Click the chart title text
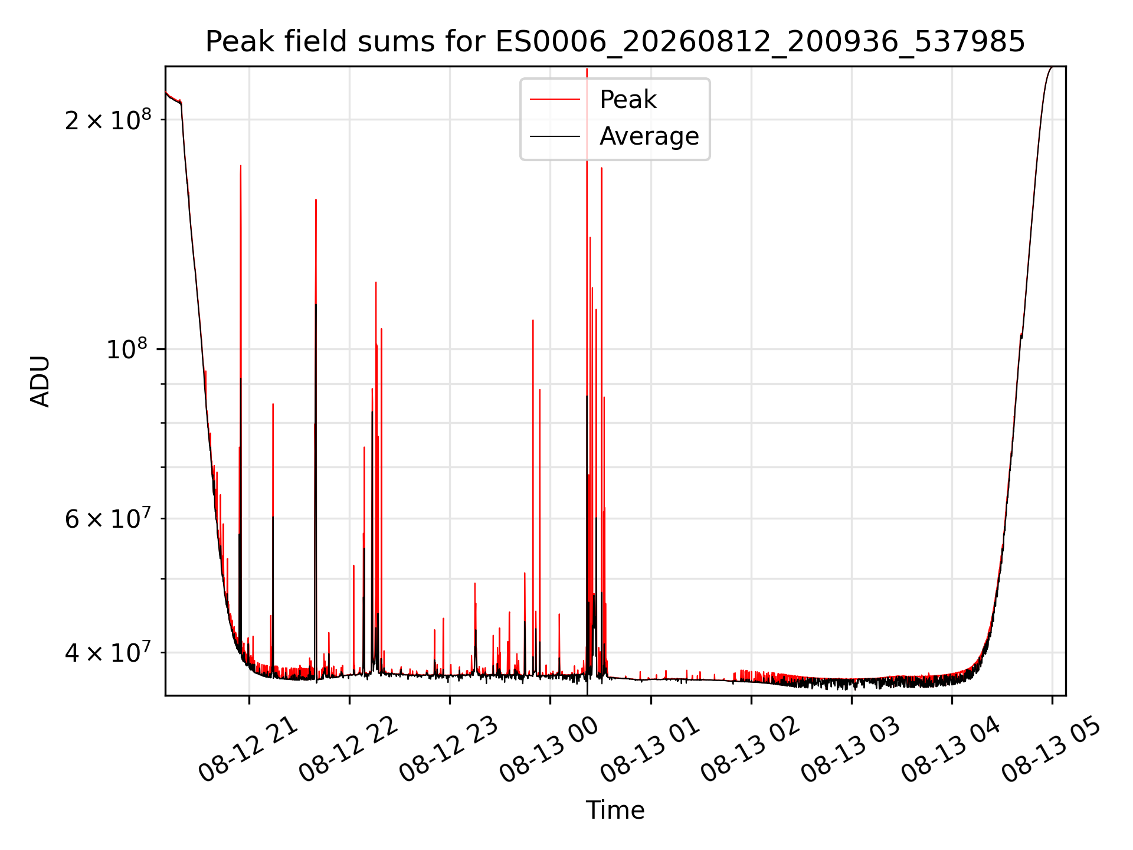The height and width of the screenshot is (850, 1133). click(615, 42)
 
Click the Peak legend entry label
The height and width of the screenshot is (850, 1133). click(628, 100)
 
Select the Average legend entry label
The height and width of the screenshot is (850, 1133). click(649, 136)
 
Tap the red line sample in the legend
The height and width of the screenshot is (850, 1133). click(555, 100)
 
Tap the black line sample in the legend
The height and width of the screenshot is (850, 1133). click(555, 136)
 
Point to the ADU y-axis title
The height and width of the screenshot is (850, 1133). click(40, 381)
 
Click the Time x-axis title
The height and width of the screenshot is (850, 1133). click(615, 810)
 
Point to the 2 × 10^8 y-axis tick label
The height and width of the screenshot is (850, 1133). click(108, 120)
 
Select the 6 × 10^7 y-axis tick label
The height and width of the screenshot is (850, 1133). click(108, 519)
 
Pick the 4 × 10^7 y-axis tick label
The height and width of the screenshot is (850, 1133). click(108, 652)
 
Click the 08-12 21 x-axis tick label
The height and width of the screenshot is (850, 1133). click(248, 750)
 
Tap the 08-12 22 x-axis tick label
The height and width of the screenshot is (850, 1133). click(348, 750)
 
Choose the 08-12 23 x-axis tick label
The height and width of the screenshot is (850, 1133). click(448, 750)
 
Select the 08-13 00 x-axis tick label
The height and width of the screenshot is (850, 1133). click(549, 750)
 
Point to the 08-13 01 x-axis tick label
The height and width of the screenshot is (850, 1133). click(650, 750)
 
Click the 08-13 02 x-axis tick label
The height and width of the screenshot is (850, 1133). click(750, 750)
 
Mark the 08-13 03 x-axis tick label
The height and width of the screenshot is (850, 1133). click(850, 750)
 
